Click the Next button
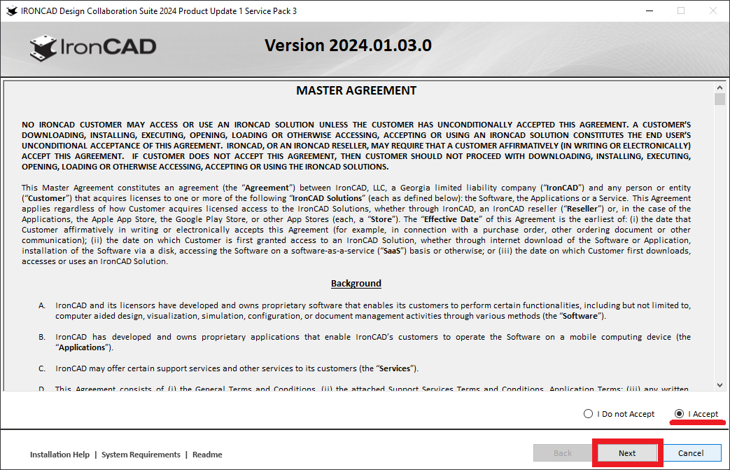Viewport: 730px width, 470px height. click(627, 453)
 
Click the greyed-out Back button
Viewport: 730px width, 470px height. click(563, 453)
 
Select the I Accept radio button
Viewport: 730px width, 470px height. click(679, 414)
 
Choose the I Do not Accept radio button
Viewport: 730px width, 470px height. click(589, 414)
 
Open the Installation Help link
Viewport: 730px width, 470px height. click(59, 455)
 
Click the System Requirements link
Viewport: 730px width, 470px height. click(141, 455)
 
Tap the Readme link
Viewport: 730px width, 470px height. click(207, 455)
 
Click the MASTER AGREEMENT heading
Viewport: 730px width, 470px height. click(356, 90)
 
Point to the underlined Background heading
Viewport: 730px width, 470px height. click(356, 284)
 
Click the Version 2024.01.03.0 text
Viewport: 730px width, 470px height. click(348, 46)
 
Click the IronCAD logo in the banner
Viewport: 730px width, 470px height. click(93, 47)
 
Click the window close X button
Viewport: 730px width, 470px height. click(713, 11)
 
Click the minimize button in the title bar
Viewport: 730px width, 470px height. click(649, 11)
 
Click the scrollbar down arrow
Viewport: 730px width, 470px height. click(720, 385)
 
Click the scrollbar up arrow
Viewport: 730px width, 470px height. click(720, 88)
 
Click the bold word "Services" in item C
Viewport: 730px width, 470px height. click(396, 368)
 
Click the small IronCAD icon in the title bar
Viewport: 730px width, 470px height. click(11, 11)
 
